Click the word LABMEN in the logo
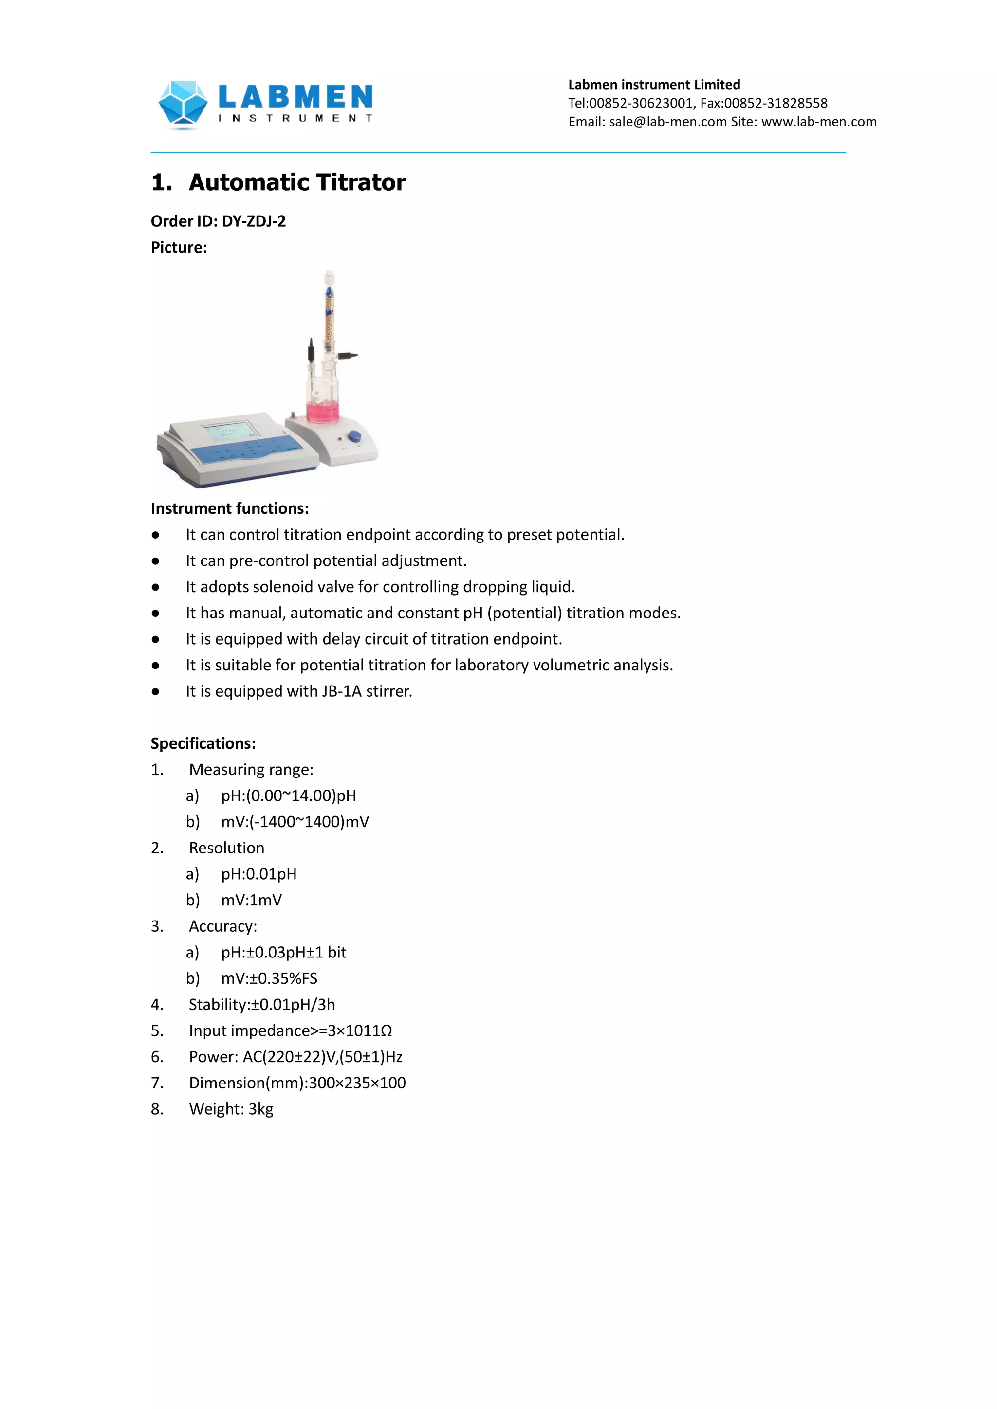click(295, 97)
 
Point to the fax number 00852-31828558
click(775, 103)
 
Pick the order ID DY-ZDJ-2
click(254, 221)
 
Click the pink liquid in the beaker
click(322, 412)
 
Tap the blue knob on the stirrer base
click(354, 436)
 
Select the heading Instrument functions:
click(230, 509)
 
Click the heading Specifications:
click(203, 744)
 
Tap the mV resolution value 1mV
click(266, 900)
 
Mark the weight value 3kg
click(261, 1109)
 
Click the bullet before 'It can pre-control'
click(156, 561)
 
